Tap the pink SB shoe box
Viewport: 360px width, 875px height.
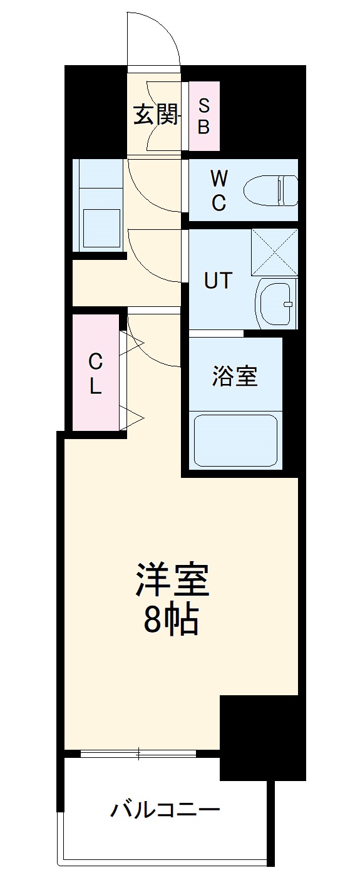click(204, 116)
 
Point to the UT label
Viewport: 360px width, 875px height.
click(219, 281)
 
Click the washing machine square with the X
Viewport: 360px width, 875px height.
click(274, 252)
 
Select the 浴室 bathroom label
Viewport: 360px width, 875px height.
click(235, 376)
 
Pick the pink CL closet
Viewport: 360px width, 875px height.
click(95, 373)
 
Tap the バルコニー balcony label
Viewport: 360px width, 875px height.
click(165, 810)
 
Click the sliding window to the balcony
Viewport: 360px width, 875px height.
click(141, 753)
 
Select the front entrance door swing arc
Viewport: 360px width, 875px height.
click(154, 38)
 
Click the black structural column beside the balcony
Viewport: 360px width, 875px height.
click(262, 736)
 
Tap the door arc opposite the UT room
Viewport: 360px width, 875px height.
click(153, 257)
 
